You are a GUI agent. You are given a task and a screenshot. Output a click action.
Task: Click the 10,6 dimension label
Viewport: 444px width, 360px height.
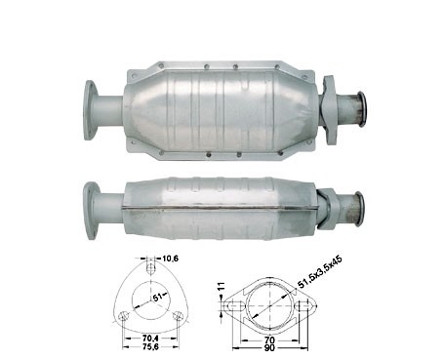tap(170, 259)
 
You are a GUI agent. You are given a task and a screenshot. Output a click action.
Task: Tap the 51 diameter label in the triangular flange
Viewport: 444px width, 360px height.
tap(157, 298)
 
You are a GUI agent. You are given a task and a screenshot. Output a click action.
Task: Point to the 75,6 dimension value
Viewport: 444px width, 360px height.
tap(150, 347)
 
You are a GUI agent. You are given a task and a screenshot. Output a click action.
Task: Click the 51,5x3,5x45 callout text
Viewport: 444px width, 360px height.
tap(320, 272)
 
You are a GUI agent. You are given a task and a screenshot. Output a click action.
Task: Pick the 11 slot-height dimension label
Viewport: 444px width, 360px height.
tap(222, 287)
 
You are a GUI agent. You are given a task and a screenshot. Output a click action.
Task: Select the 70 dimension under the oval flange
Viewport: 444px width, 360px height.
tap(269, 340)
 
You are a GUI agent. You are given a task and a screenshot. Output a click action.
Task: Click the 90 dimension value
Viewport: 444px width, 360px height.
tap(269, 347)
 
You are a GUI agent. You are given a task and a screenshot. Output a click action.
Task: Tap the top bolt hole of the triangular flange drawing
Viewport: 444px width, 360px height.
tap(150, 268)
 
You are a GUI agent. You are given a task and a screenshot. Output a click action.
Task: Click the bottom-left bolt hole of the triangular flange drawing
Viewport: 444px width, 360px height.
tap(123, 315)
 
